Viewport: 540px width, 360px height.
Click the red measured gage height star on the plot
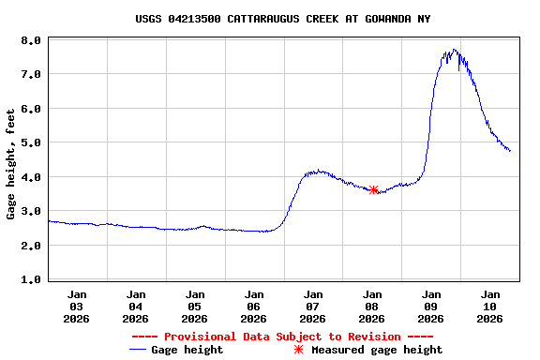click(x=373, y=189)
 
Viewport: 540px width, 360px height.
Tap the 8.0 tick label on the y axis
click(x=31, y=41)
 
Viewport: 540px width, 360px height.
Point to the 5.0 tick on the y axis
click(x=31, y=143)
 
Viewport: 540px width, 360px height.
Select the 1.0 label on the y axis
click(x=31, y=279)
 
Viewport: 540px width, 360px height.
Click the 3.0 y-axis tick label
click(x=31, y=212)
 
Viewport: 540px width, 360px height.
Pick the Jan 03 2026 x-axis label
click(x=77, y=306)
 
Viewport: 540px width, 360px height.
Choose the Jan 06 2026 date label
click(x=254, y=306)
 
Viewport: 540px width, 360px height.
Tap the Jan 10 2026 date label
click(x=490, y=306)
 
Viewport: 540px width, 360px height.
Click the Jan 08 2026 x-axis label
click(x=372, y=306)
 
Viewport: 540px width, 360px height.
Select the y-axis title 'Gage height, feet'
click(x=11, y=164)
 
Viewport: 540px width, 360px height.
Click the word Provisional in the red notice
click(x=197, y=337)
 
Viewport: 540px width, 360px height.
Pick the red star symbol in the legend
click(x=298, y=350)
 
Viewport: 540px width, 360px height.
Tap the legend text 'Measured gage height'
click(x=377, y=350)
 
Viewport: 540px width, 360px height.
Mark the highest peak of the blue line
click(x=455, y=50)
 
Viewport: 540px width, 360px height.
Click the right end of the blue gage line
click(x=510, y=150)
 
